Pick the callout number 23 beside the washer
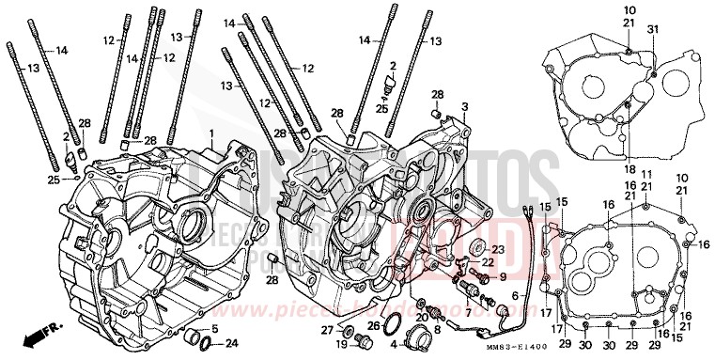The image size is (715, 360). (x=497, y=247)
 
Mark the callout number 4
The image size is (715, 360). (x=395, y=344)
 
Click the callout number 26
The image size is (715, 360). (x=373, y=326)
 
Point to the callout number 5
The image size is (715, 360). (x=215, y=328)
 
